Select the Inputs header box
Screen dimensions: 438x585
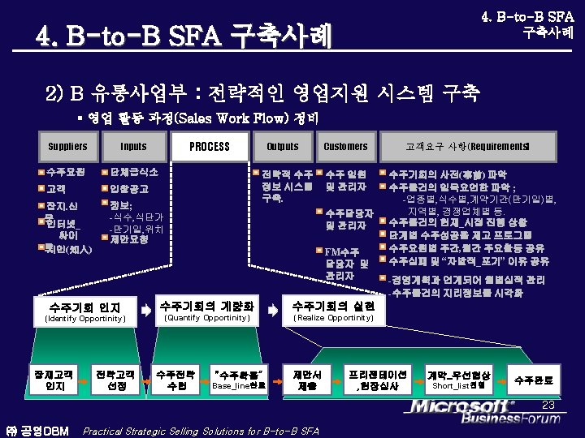point(133,147)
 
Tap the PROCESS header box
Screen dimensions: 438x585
point(209,147)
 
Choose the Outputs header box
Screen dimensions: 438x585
point(282,147)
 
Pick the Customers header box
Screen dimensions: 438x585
point(345,147)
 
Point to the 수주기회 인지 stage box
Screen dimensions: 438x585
point(84,311)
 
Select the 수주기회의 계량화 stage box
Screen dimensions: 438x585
point(206,310)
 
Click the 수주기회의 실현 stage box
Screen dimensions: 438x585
point(333,310)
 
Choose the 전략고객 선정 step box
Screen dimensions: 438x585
point(116,380)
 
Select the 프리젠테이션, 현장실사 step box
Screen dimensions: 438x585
point(377,380)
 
